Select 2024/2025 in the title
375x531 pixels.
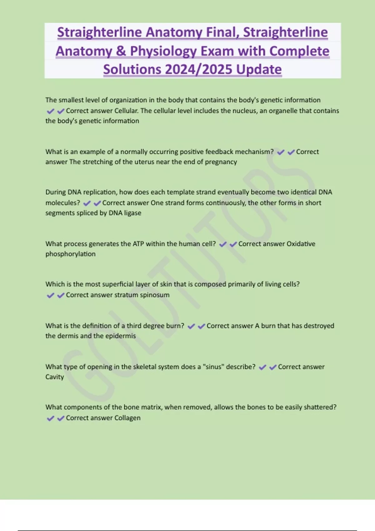coord(199,69)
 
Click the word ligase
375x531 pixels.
coord(133,213)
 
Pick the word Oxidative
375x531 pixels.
coord(301,244)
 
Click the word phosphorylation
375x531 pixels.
coord(70,254)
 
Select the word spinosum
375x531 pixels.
coord(154,295)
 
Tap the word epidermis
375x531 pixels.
coord(120,336)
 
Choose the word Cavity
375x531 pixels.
coord(54,377)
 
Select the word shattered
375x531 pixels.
coord(320,407)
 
